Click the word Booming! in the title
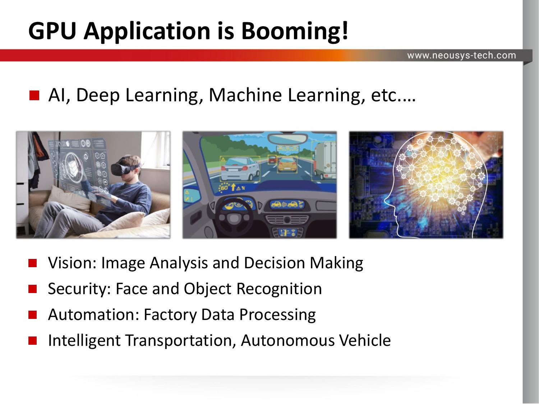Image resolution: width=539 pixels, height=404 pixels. (x=295, y=31)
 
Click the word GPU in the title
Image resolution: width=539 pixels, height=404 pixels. (x=52, y=31)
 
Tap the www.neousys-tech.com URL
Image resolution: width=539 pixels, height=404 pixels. (x=461, y=55)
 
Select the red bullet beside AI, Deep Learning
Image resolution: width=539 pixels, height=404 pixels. (x=34, y=96)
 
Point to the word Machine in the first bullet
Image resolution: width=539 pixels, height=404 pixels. (x=245, y=95)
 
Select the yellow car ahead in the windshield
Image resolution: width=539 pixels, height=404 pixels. (x=287, y=165)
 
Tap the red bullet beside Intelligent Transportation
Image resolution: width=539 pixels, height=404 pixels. (x=32, y=340)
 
